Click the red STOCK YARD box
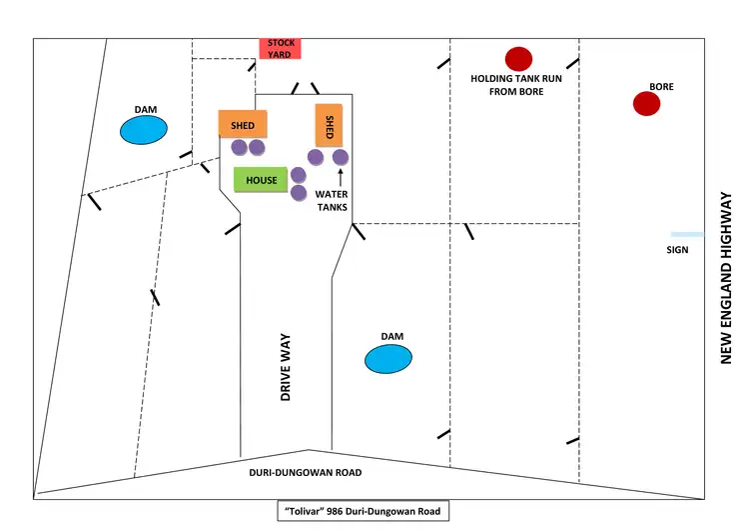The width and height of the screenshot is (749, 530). click(281, 48)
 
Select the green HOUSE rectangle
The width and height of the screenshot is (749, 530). click(261, 180)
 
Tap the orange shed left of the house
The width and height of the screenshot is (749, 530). click(243, 124)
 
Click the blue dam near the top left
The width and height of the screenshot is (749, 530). click(144, 130)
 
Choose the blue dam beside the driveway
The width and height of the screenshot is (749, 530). click(387, 359)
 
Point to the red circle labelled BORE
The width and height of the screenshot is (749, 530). click(647, 103)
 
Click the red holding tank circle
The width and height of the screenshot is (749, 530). click(518, 59)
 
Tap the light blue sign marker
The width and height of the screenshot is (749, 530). click(687, 234)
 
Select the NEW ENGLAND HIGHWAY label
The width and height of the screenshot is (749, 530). click(727, 278)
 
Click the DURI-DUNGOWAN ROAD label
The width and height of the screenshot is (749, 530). click(306, 472)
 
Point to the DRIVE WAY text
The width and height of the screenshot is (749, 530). click(286, 368)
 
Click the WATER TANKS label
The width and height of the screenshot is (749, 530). click(332, 201)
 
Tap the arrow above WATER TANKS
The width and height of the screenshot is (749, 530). click(340, 178)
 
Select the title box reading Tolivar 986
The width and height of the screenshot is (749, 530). click(364, 511)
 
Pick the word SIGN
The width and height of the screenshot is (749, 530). click(677, 250)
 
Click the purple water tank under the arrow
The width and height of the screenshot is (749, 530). click(340, 157)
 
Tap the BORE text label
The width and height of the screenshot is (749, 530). click(661, 87)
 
